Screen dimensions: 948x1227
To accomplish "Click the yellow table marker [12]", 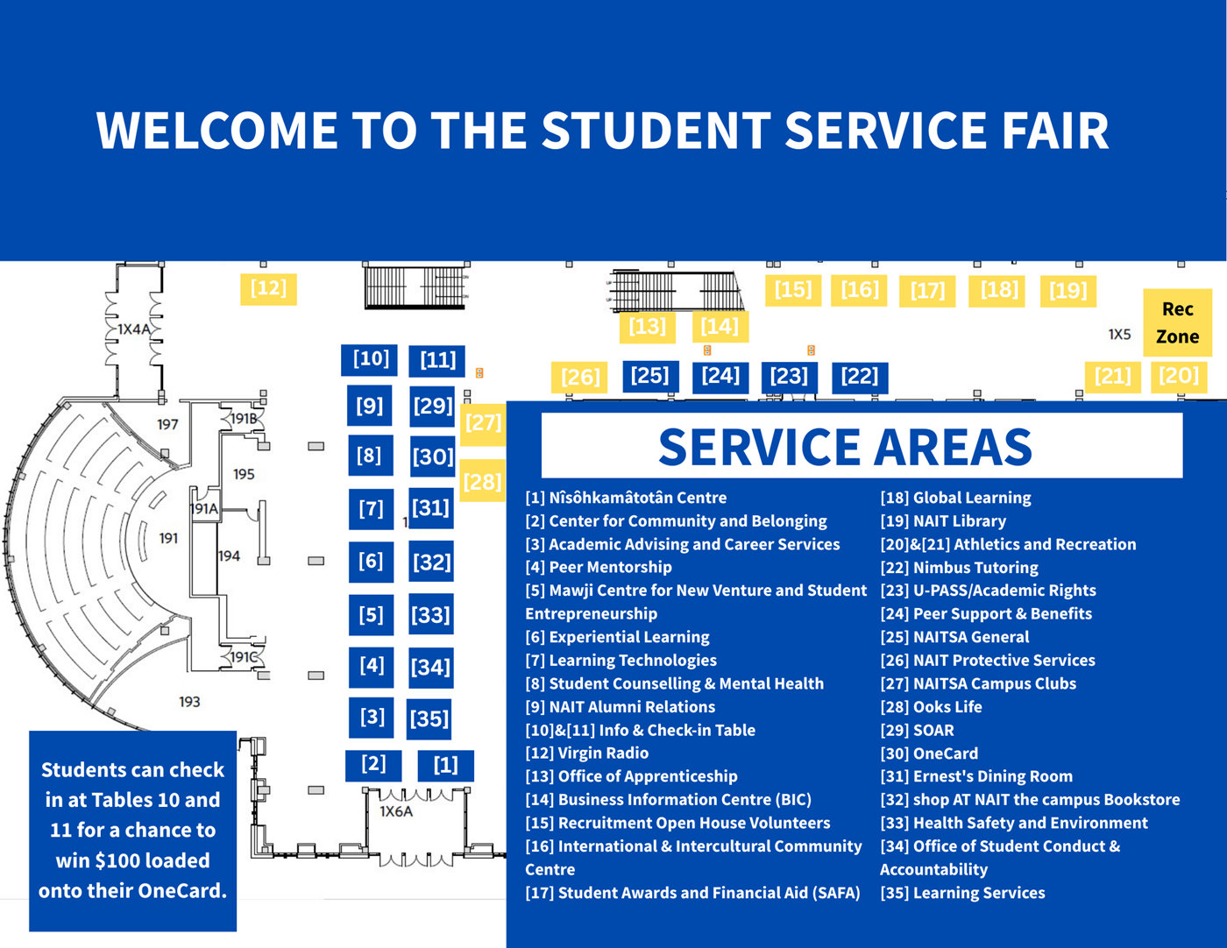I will [268, 288].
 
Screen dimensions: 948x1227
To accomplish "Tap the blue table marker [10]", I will [370, 358].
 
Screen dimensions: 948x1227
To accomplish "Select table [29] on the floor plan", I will [432, 406].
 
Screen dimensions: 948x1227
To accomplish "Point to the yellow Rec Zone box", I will [1177, 322].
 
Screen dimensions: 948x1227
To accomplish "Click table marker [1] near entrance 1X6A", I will [445, 765].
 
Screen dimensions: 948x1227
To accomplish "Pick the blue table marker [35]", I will [429, 718].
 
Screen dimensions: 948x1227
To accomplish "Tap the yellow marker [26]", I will [579, 377].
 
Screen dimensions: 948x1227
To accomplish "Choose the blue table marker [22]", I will [859, 376].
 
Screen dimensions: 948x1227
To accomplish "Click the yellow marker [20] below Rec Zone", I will [1178, 376].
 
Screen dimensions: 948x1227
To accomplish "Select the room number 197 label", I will [167, 424].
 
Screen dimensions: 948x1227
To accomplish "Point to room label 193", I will [189, 701].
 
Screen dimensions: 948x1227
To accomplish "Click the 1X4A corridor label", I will [134, 329].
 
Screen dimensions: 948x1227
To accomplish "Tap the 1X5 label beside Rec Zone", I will [1119, 334].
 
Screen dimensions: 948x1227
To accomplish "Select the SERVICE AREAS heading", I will [845, 446].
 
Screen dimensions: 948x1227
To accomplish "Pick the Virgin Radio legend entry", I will [587, 753].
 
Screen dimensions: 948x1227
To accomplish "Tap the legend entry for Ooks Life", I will [931, 706].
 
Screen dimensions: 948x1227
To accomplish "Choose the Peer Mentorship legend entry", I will [599, 567].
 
